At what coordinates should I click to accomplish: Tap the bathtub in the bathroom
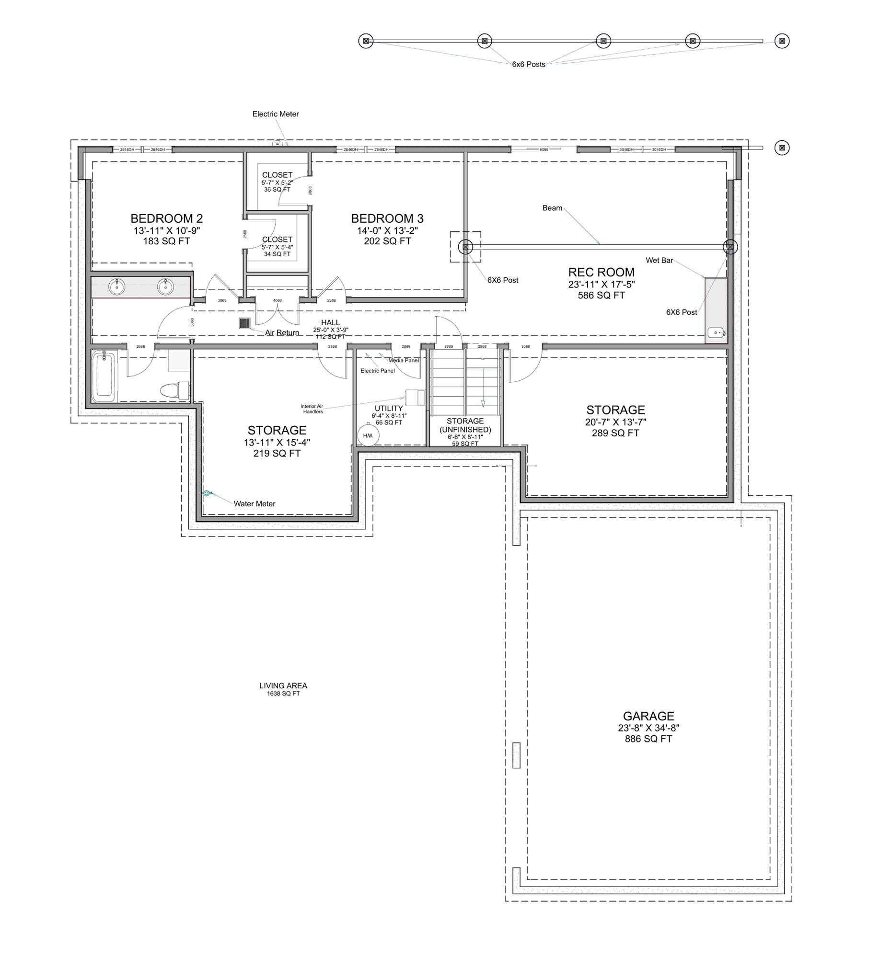click(x=104, y=376)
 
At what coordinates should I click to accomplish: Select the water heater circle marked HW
click(x=368, y=435)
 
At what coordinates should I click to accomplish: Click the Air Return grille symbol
click(x=245, y=323)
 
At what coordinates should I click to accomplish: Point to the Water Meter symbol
click(x=207, y=493)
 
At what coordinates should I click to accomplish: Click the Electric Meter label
click(x=275, y=114)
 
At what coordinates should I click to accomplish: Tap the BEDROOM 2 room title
click(x=166, y=218)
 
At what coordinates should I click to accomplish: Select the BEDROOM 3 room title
click(x=387, y=218)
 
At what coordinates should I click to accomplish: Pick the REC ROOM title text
click(x=601, y=272)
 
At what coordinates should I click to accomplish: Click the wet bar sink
click(x=717, y=332)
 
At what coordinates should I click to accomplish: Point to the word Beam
click(x=552, y=208)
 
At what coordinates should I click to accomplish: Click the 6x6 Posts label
click(x=528, y=64)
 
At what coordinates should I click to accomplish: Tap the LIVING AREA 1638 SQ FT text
click(x=283, y=689)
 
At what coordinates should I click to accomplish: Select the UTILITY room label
click(x=388, y=409)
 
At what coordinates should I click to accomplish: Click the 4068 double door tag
click(x=277, y=301)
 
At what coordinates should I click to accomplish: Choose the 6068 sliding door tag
click(x=544, y=149)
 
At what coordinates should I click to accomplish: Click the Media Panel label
click(x=403, y=360)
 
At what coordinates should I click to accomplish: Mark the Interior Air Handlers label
click(x=312, y=409)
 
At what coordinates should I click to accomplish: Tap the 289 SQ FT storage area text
click(x=615, y=433)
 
